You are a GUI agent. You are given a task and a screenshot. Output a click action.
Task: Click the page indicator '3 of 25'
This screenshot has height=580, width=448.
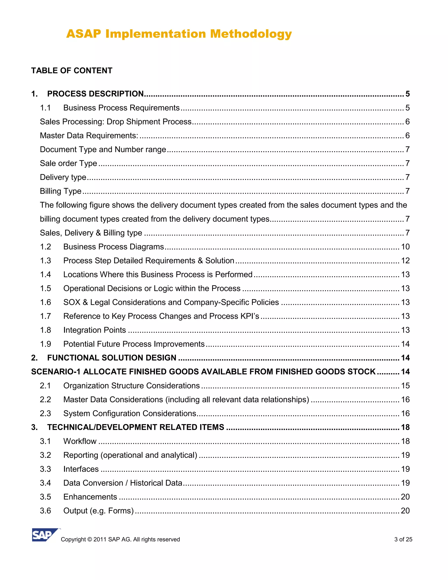tap(403, 539)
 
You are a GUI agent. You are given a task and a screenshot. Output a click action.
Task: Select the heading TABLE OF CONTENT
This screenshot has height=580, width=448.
tap(72, 71)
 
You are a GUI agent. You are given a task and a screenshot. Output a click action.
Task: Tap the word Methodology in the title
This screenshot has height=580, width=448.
tap(251, 34)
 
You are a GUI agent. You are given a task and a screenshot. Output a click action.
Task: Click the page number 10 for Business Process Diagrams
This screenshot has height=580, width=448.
tap(405, 247)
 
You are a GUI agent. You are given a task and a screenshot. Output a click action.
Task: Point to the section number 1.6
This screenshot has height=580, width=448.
tap(45, 302)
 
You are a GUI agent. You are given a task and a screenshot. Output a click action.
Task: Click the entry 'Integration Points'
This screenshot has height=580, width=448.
tap(94, 330)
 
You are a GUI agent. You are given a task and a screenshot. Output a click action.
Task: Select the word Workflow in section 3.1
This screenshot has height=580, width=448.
tap(80, 441)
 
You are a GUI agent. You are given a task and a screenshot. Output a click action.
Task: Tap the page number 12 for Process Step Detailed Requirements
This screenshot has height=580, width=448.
tap(405, 260)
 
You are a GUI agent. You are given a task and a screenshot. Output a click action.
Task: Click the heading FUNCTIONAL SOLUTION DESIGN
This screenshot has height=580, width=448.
tap(112, 358)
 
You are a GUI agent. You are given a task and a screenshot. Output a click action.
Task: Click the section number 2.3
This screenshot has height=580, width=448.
tap(45, 413)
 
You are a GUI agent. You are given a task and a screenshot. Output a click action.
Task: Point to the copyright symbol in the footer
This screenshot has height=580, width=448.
tap(89, 539)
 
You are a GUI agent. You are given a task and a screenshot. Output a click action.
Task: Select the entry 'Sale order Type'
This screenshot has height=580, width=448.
tap(68, 163)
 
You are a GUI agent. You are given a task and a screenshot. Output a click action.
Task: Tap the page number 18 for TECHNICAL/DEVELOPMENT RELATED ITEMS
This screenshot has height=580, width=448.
tap(405, 427)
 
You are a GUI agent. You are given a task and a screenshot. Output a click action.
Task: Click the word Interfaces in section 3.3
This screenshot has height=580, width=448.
tap(81, 469)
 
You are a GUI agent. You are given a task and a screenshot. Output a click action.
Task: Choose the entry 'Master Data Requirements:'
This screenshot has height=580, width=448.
tap(89, 136)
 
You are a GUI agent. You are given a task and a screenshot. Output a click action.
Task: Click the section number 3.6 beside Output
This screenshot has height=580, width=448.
tap(45, 511)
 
